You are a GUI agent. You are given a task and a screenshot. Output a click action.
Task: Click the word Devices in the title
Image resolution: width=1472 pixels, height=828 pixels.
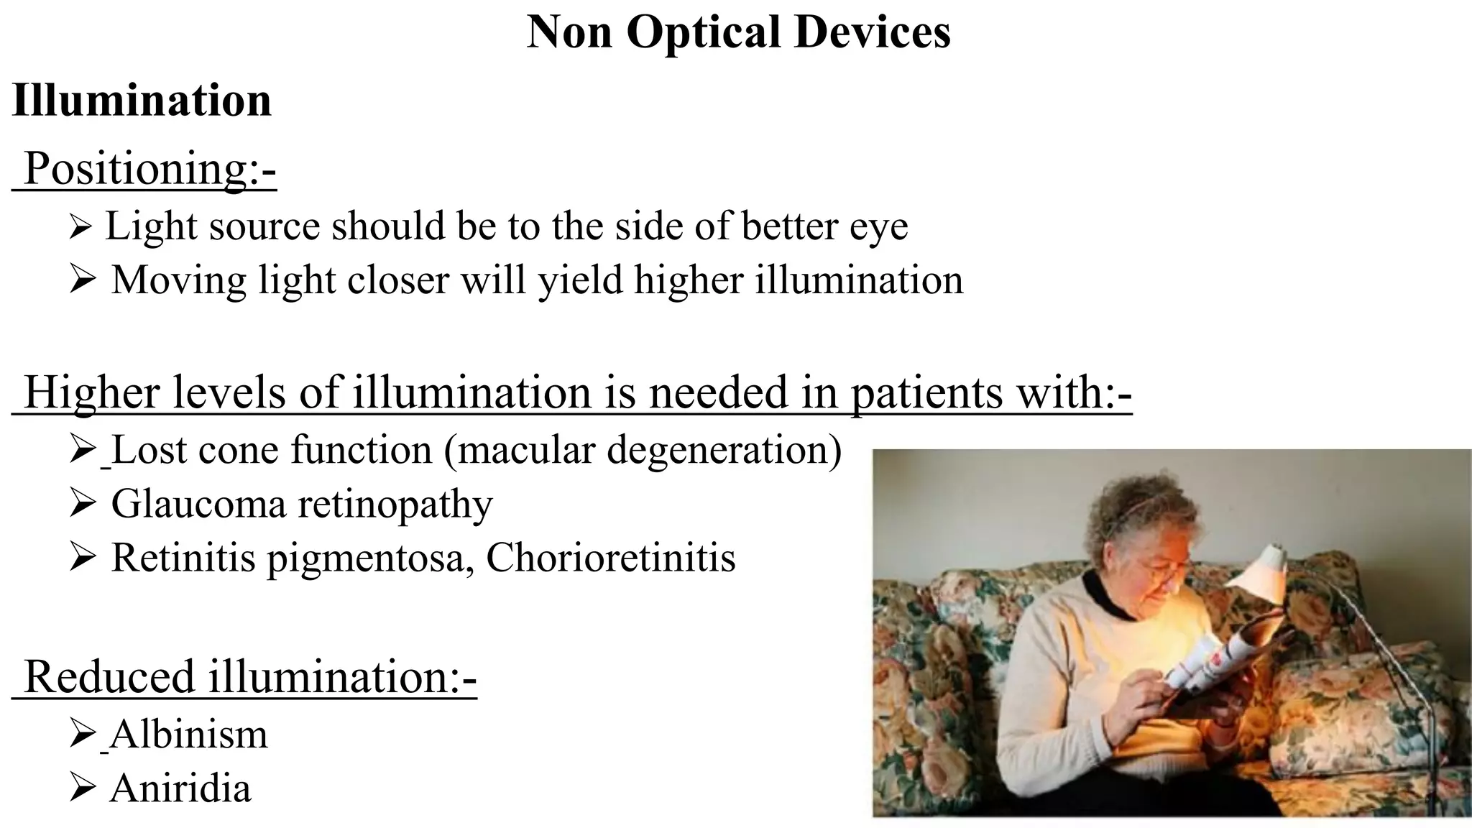(x=872, y=32)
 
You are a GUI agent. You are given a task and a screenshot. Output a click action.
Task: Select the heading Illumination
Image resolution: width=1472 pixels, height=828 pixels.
(x=142, y=100)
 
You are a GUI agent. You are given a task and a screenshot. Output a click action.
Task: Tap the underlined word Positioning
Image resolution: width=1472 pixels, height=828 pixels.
(x=137, y=169)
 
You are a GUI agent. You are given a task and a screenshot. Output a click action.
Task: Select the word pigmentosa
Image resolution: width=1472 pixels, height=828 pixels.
(x=367, y=558)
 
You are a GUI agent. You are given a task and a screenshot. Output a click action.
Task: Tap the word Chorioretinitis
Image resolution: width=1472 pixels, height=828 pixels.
(x=611, y=557)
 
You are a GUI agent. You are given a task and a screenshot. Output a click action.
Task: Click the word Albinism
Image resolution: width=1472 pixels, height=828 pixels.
(x=189, y=734)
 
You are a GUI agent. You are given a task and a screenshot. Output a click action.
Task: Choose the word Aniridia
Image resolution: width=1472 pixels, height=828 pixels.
(x=180, y=788)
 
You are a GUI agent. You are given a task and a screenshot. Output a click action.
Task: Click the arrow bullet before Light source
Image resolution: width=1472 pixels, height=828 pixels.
(x=80, y=227)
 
